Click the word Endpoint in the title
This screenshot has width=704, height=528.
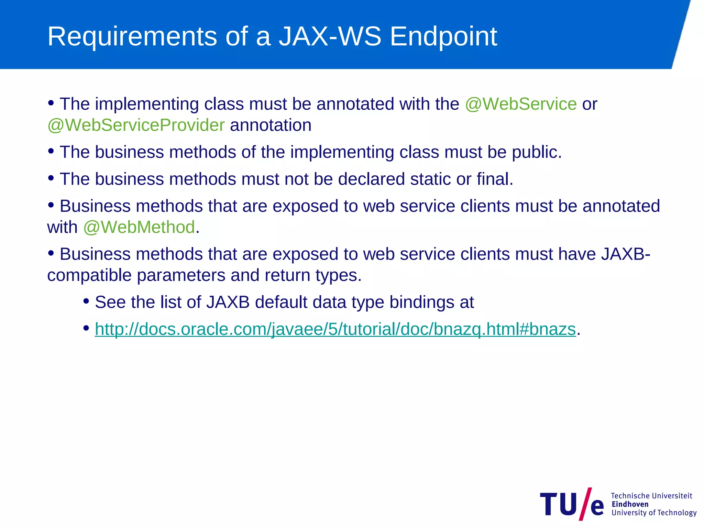coord(443,36)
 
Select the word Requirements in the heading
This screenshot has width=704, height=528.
coord(132,36)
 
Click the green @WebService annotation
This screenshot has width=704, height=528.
coord(521,104)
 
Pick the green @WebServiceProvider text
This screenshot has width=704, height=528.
coord(136,125)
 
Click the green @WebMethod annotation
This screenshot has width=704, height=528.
coord(139,227)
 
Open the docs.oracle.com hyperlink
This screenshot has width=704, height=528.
coord(335,329)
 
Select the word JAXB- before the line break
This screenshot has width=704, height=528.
coord(625,254)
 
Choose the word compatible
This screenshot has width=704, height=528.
coord(89,275)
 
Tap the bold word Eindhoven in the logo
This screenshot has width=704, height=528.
coord(630,504)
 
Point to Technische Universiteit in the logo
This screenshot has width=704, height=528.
coord(651,496)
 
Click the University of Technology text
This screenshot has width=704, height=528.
coord(654,513)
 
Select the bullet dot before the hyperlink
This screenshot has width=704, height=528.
coord(86,328)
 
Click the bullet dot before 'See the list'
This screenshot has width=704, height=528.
coord(86,301)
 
